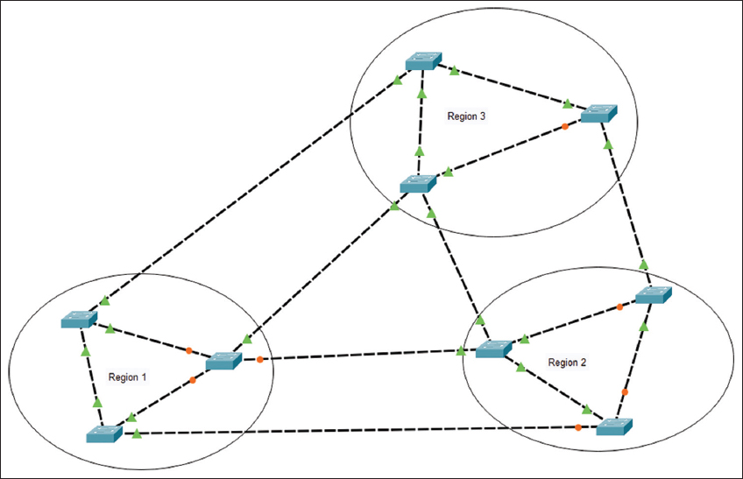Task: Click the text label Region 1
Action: pos(127,377)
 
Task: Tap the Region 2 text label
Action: pos(567,363)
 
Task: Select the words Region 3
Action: pos(466,116)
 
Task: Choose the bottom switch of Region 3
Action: pos(418,184)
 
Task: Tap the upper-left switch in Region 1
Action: pos(79,320)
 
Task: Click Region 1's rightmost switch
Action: pos(223,361)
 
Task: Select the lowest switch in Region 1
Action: pos(104,433)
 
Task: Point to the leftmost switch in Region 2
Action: pos(493,349)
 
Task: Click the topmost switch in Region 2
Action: pos(654,295)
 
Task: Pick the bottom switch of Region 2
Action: pos(612,427)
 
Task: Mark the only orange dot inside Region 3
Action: pos(564,126)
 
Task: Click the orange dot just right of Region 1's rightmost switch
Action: pos(260,359)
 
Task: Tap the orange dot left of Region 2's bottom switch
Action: pos(578,427)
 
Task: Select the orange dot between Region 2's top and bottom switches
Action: pos(625,392)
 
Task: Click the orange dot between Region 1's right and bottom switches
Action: pos(193,381)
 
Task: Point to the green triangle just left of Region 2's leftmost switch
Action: pos(462,352)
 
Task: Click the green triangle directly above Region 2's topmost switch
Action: pos(644,264)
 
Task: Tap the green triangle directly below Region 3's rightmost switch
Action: pos(607,138)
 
